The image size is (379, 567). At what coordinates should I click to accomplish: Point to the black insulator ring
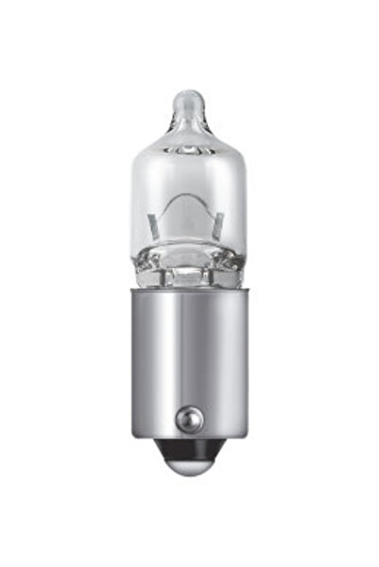pos(189,469)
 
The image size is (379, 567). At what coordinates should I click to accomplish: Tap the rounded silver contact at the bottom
pos(189,482)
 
